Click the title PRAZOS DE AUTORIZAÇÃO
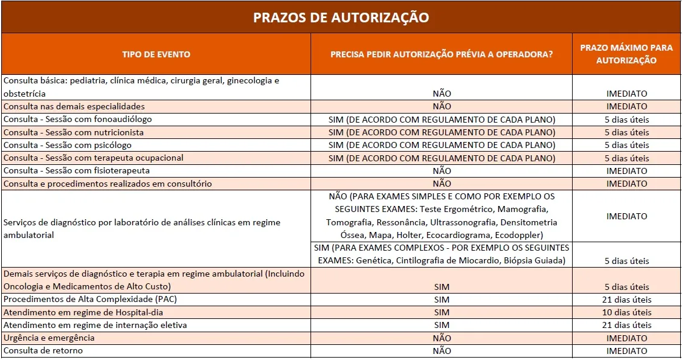pos(341,17)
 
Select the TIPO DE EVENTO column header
pos(156,54)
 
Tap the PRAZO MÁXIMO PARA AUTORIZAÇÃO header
pos(626,54)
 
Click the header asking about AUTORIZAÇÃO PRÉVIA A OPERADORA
pos(442,54)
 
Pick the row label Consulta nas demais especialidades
pos(74,106)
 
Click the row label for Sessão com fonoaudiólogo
pos(78,119)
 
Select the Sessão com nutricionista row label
pos(74,132)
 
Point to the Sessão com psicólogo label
pos(68,145)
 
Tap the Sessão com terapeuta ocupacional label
pos(94,158)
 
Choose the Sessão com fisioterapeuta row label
pos(77,170)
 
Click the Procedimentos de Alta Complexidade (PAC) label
pos(90,299)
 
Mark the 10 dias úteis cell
pos(627,312)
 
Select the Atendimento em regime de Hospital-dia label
pos(83,312)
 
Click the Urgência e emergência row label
pos(49,338)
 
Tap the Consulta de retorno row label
pos(43,350)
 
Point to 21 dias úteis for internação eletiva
pos(627,325)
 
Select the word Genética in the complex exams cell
pos(375,260)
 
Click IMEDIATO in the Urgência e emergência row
pos(627,338)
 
